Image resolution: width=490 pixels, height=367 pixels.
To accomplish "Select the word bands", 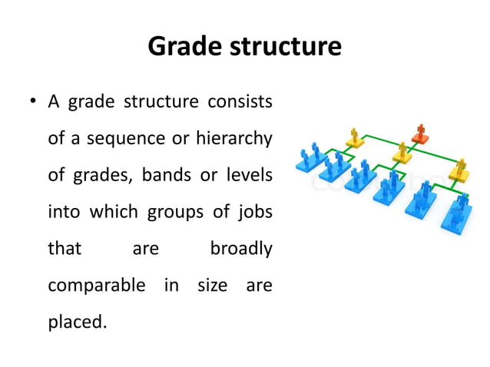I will click(168, 175).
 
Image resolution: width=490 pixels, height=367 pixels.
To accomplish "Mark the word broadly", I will click(240, 249).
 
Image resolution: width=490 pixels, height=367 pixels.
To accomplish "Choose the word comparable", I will click(96, 286).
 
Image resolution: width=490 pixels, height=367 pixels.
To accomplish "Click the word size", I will click(212, 286).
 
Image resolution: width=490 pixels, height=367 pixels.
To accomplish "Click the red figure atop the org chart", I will click(420, 134).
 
